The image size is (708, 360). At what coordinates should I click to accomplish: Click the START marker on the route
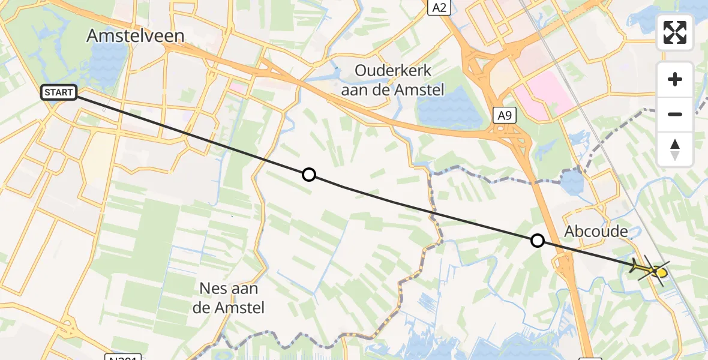coord(59,92)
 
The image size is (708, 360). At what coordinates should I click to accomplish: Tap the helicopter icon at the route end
coord(650,269)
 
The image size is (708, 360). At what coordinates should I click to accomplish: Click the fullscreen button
coord(675,32)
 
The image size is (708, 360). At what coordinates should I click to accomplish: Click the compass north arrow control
coord(675,149)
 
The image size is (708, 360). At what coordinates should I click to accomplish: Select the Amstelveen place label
coord(135,36)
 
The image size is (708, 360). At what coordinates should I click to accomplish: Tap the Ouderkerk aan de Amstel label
coord(393,80)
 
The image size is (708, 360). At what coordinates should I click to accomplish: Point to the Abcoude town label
coord(596,232)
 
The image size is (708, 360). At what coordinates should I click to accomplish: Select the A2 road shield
coord(439,7)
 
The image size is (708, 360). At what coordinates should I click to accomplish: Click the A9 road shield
coord(504,115)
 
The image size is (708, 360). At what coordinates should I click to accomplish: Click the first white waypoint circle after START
coord(308,175)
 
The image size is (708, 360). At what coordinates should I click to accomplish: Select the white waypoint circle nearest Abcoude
coord(538,241)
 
